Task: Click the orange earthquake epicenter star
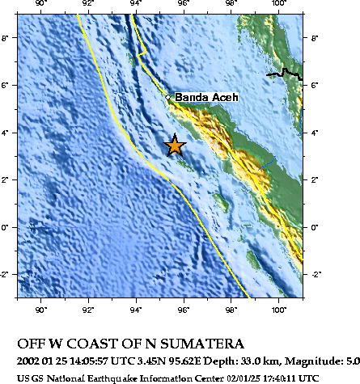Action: (174, 145)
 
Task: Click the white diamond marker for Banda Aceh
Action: (168, 98)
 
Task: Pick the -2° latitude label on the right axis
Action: (316, 275)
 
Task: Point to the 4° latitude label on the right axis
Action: (316, 133)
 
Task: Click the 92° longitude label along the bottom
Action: (89, 308)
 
